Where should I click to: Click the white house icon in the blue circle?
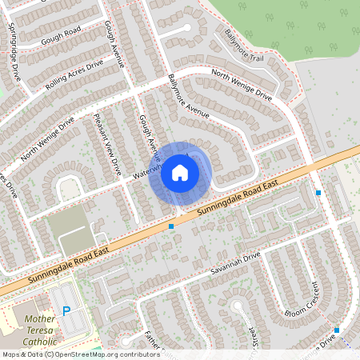click(180, 171)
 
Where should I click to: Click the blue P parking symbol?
click(66, 311)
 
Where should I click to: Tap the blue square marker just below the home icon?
click(171, 226)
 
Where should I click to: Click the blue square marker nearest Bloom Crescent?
click(337, 330)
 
